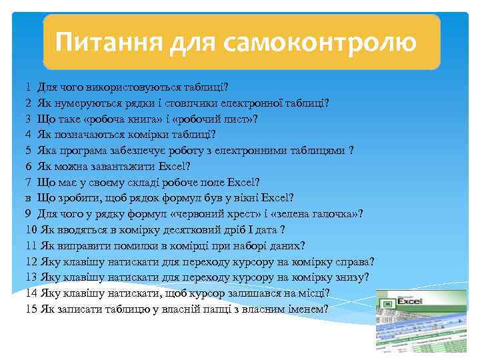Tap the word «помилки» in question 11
pos(122,245)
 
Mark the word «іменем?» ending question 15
pos(308,309)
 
